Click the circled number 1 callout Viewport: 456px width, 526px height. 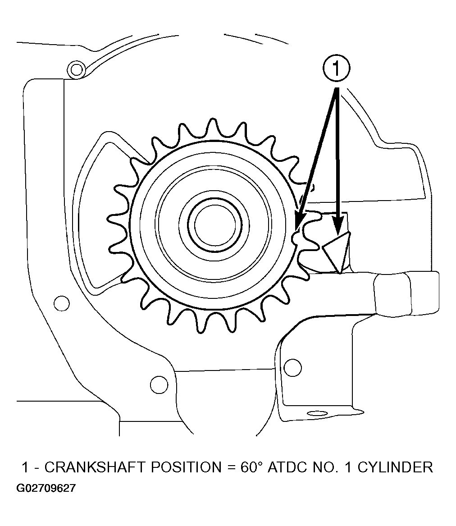pos(336,69)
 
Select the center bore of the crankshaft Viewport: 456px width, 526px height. pos(215,224)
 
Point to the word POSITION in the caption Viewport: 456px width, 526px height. pos(187,467)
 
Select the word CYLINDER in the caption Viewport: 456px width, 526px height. pos(396,467)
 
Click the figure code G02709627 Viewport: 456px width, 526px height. pos(46,488)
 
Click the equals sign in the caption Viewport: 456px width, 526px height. pos(231,467)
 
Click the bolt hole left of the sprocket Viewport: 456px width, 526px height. pos(62,304)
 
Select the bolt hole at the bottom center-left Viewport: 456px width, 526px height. pos(159,384)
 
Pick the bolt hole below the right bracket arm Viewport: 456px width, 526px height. pos(292,368)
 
